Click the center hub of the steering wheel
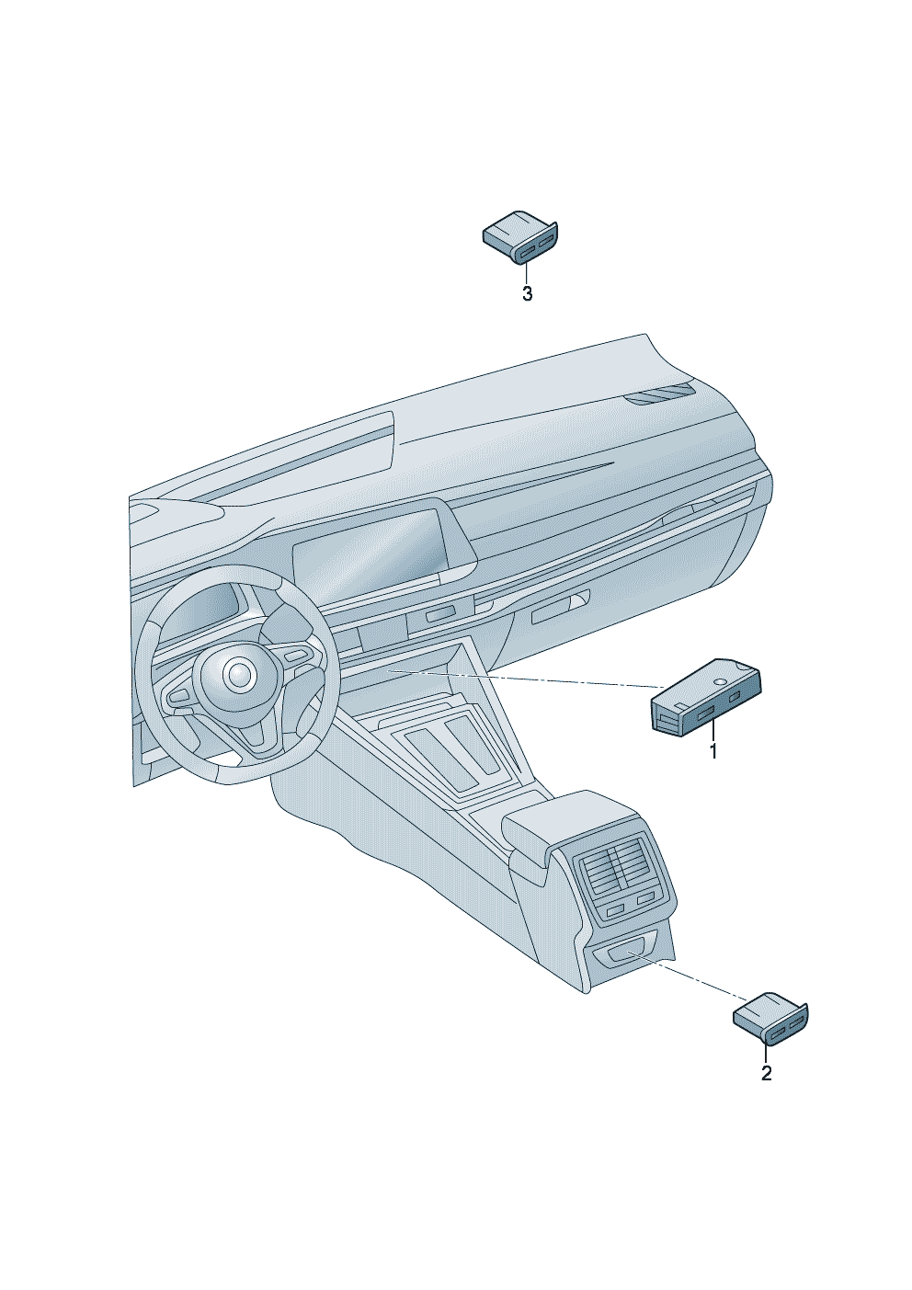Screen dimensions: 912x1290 point(237,673)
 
